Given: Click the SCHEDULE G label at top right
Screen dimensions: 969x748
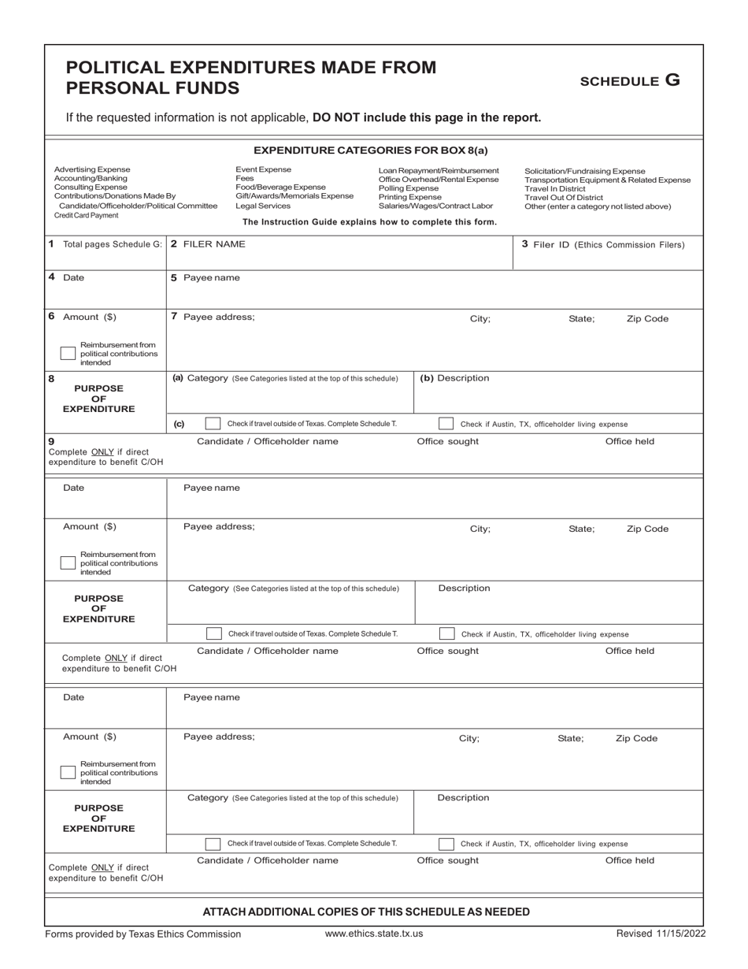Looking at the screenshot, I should click(x=629, y=80).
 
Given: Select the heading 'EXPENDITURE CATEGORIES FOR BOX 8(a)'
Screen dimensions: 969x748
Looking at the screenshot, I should click(x=371, y=150).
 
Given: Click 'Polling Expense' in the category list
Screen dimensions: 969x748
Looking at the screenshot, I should click(x=409, y=188).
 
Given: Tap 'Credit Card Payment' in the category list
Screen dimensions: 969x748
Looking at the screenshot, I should click(x=86, y=215).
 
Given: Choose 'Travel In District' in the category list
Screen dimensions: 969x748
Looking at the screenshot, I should click(x=561, y=188).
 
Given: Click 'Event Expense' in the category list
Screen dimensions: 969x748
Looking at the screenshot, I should click(x=263, y=169).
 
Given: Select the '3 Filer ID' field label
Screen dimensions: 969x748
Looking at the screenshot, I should click(x=602, y=244).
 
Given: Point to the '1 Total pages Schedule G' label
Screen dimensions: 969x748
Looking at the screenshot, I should click(x=105, y=244).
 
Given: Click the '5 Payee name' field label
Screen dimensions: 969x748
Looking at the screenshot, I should click(x=206, y=277).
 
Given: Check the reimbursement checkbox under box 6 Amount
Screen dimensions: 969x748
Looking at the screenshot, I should click(x=68, y=355).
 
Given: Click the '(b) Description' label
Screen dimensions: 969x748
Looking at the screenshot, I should click(x=454, y=378).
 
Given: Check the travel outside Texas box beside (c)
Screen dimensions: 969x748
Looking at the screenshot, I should click(x=213, y=424).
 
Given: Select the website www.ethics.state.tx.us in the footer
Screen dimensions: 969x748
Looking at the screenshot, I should click(x=374, y=934).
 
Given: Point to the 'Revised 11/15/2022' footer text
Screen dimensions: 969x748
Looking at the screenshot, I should click(x=661, y=934).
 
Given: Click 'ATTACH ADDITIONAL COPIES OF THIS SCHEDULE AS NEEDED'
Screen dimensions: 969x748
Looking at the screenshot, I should click(x=366, y=911).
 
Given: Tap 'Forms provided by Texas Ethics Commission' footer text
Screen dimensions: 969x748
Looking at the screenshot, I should click(x=143, y=934).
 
